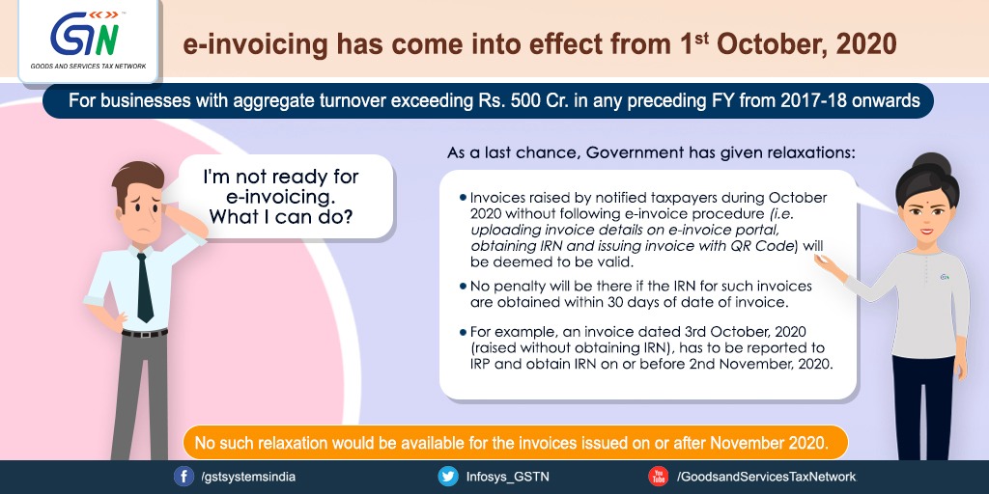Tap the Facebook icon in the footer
pyautogui.click(x=184, y=477)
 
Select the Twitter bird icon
pyautogui.click(x=448, y=477)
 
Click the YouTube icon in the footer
pyautogui.click(x=659, y=477)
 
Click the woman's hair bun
pyautogui.click(x=932, y=165)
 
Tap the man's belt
pyautogui.click(x=145, y=333)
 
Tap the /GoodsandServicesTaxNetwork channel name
pyautogui.click(x=766, y=477)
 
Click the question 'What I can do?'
pyautogui.click(x=281, y=217)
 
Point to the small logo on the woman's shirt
pyautogui.click(x=945, y=276)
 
